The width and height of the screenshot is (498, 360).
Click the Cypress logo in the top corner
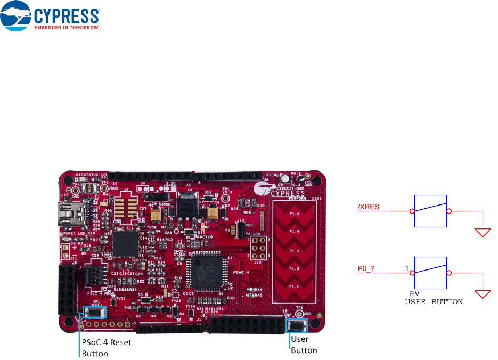[x=51, y=17]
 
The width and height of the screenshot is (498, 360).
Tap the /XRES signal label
[x=368, y=207]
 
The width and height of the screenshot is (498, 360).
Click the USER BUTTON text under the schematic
[x=434, y=301]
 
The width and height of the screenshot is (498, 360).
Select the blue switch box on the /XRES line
[x=430, y=211]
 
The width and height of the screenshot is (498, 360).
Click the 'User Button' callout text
[x=304, y=345]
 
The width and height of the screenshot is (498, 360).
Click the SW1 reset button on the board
[x=96, y=313]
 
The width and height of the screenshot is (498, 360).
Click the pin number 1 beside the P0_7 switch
[x=407, y=269]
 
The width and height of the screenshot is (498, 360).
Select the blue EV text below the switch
[x=414, y=293]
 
